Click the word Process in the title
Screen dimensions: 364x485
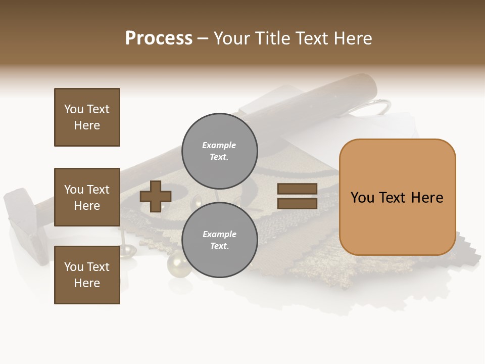(159, 38)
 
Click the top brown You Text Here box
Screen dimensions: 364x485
(87, 117)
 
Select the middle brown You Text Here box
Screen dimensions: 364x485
(87, 197)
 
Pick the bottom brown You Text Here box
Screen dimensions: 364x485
(87, 275)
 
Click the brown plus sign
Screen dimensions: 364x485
(156, 196)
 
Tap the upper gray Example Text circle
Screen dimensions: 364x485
(219, 151)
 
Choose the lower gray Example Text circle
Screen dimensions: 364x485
(219, 240)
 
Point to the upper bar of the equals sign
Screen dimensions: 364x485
(297, 189)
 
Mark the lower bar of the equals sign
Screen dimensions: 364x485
(297, 204)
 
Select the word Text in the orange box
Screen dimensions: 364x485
(397, 198)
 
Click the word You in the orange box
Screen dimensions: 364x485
(362, 198)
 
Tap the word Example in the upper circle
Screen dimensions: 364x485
(219, 145)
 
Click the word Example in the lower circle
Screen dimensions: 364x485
(219, 234)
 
